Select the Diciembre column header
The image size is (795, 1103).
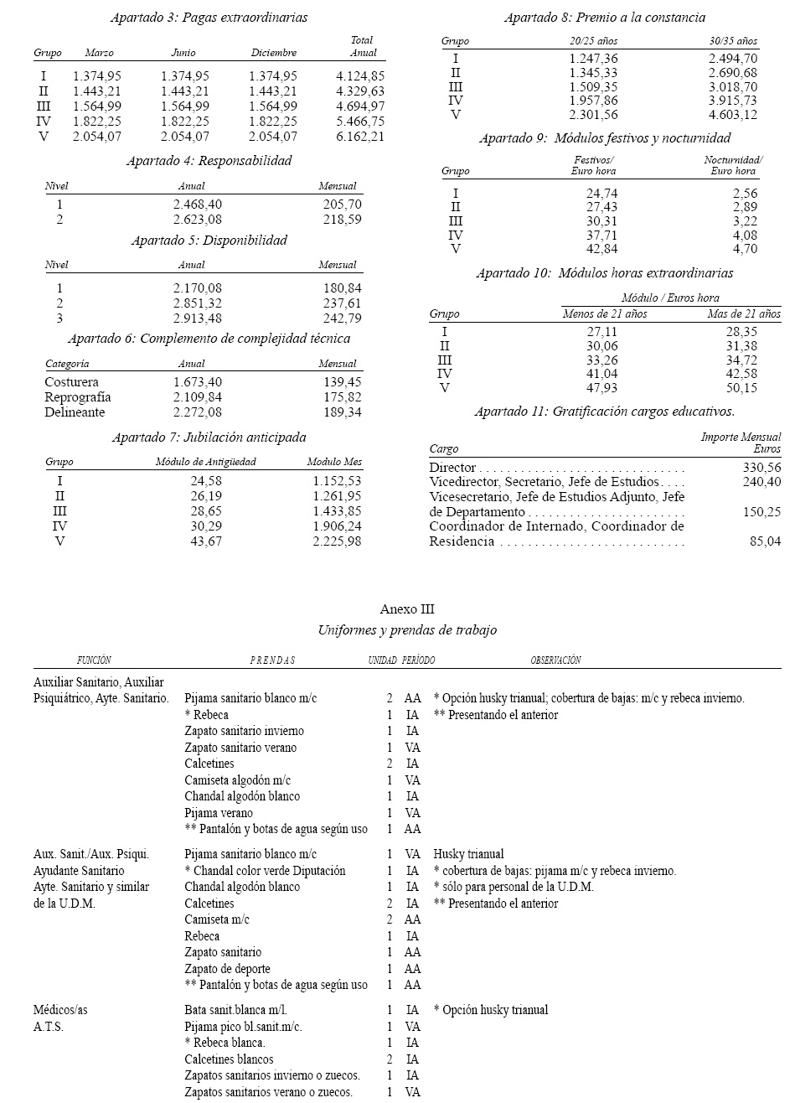[x=274, y=53]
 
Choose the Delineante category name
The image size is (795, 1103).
[x=75, y=412]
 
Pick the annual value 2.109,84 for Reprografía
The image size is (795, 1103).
[x=198, y=397]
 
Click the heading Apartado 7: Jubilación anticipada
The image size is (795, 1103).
[x=209, y=438]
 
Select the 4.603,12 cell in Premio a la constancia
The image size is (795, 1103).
[x=732, y=115]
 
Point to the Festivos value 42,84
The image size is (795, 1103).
[x=601, y=249]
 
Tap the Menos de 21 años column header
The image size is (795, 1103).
[x=604, y=314]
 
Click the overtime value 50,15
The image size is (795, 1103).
[x=741, y=388]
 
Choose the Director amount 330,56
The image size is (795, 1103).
[x=761, y=468]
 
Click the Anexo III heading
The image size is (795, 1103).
[x=407, y=609]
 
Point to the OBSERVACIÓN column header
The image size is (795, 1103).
[x=555, y=660]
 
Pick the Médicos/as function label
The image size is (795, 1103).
[x=57, y=1010]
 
